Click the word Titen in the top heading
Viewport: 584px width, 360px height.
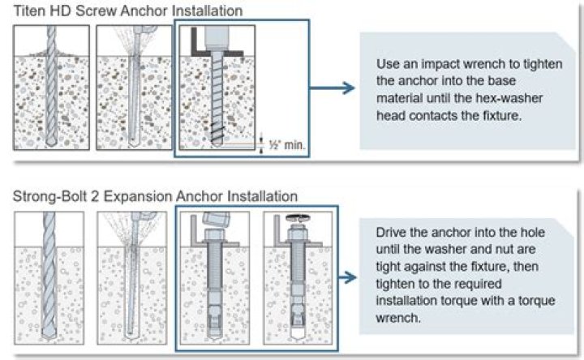[x=29, y=10]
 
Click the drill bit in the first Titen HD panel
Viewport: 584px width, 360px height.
[x=50, y=89]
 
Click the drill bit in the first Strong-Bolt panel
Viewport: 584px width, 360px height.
[x=50, y=280]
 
